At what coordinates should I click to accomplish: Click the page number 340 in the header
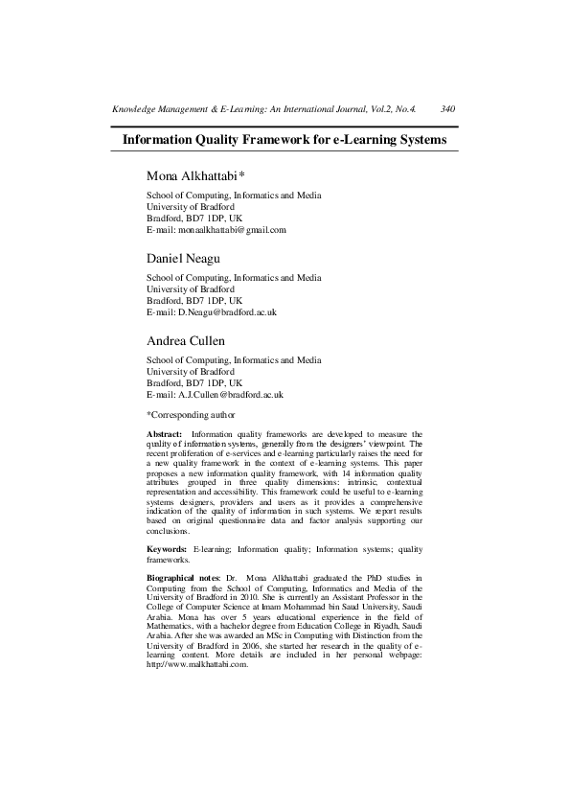[x=447, y=109]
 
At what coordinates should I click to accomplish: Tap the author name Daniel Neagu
[x=183, y=259]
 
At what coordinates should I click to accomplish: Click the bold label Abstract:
[x=164, y=434]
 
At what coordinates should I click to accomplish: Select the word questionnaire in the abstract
[x=242, y=520]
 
